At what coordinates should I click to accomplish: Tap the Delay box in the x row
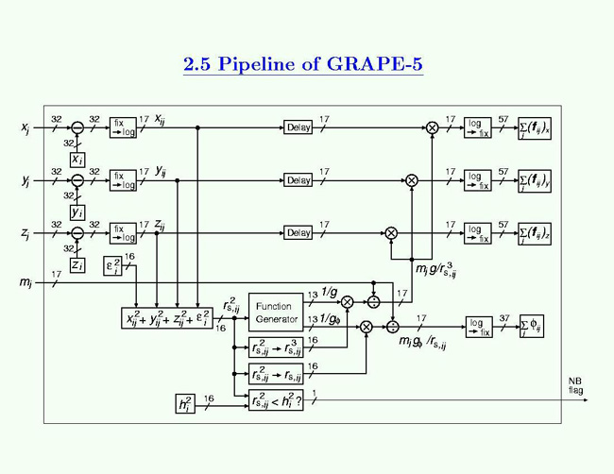(298, 127)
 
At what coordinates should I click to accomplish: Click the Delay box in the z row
(298, 232)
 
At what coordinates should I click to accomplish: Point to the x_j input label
(25, 127)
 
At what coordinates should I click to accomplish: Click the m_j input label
(25, 282)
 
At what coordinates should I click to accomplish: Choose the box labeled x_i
(78, 159)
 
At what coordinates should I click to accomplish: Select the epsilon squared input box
(112, 268)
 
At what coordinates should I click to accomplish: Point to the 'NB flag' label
(575, 384)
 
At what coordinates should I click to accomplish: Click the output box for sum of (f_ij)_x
(534, 127)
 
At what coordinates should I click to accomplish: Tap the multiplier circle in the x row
(433, 127)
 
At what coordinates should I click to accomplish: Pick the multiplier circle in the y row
(412, 179)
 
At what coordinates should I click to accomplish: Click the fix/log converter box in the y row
(123, 179)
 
